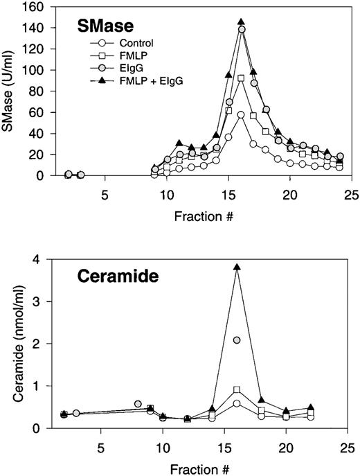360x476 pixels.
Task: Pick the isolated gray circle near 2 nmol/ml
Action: click(x=237, y=340)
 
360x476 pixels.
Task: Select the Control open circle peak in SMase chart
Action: click(x=241, y=115)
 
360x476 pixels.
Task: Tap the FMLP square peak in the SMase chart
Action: click(x=241, y=78)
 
